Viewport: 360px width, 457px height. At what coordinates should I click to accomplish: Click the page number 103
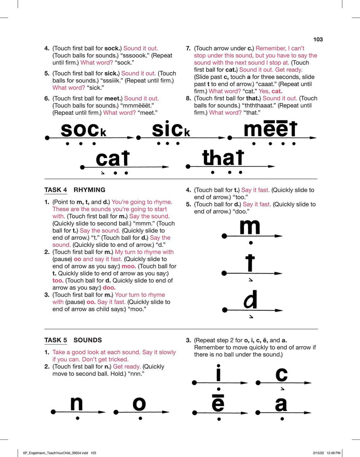click(x=318, y=39)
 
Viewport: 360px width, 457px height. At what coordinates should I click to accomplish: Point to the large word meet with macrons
click(x=270, y=129)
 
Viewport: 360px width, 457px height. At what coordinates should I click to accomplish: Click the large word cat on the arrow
click(x=112, y=159)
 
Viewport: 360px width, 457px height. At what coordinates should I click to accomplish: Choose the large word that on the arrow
click(x=223, y=158)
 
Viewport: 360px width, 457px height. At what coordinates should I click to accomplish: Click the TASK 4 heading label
click(x=55, y=190)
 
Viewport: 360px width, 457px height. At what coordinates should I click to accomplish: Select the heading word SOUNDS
click(x=87, y=340)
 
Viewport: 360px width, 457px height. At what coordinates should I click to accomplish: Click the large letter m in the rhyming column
click(x=250, y=227)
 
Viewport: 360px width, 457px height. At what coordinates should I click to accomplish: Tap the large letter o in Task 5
click(x=139, y=404)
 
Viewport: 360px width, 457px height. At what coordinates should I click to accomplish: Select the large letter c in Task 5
click(x=281, y=374)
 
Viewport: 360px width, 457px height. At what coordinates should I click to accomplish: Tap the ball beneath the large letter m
click(x=251, y=243)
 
